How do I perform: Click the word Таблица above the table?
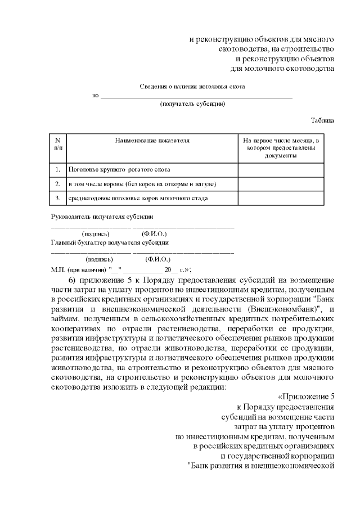pos(322,120)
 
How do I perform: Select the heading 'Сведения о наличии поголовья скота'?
pos(192,87)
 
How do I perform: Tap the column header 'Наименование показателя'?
pos(152,140)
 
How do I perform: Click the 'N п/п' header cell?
pos(58,144)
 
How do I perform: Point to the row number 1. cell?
pos(58,169)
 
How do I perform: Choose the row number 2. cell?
pos(58,184)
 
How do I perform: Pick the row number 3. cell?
pos(58,199)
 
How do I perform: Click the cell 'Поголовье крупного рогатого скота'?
pos(119,169)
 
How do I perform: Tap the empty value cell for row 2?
pos(281,184)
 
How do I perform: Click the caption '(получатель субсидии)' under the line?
pos(192,104)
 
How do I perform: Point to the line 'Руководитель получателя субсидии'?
pos(102,217)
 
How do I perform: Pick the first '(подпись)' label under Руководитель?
pos(96,233)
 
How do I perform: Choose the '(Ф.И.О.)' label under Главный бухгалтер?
pos(157,260)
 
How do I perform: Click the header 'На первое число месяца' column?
pos(281,147)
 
